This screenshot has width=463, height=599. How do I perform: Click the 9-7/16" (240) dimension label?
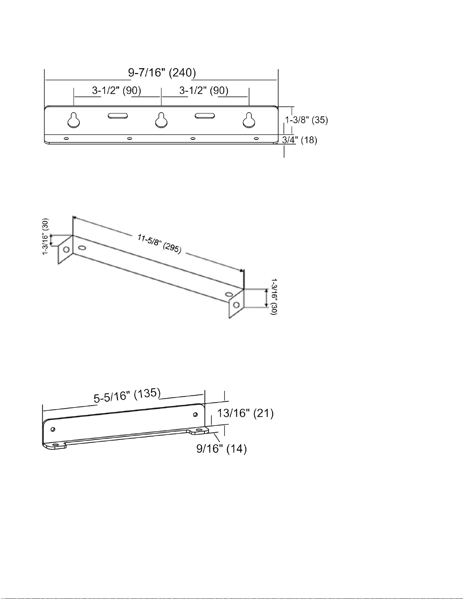coord(162,73)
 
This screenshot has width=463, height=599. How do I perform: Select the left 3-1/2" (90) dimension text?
coord(116,90)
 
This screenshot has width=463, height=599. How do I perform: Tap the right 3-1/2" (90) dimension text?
coord(204,90)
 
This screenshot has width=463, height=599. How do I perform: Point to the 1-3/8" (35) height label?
coord(307,120)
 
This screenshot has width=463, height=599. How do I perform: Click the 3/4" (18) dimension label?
coord(300,140)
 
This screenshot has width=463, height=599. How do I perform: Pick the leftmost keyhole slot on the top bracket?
coord(74,120)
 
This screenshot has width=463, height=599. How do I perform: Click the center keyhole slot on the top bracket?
coord(161,120)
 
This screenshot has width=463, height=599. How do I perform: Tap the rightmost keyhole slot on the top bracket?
coord(249,120)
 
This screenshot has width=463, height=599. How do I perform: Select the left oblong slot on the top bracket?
coord(118,116)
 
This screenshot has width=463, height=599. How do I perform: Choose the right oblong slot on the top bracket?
coord(205,116)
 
